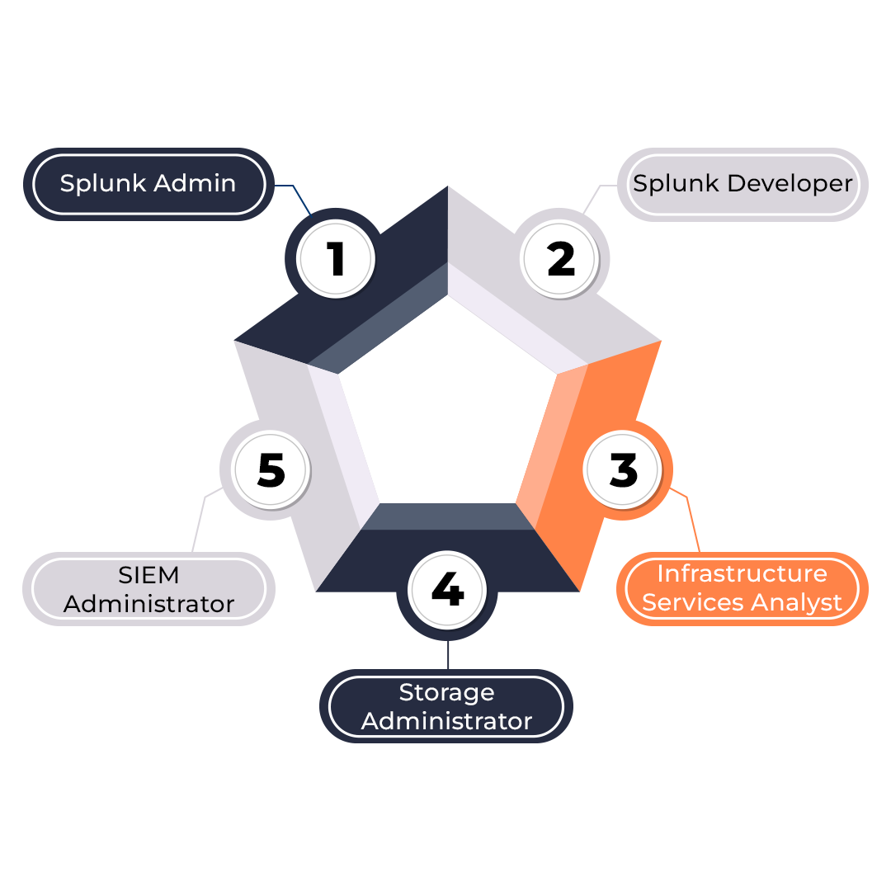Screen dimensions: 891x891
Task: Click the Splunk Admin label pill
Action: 148,184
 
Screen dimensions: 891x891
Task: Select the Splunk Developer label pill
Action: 742,184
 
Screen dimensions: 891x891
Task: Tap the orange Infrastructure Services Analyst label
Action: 742,588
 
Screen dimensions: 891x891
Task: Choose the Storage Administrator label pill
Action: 446,706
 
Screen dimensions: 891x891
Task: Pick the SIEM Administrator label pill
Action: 148,588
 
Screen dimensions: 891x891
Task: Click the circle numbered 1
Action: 336,259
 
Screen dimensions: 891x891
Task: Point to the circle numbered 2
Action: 561,259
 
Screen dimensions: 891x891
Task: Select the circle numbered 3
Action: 623,469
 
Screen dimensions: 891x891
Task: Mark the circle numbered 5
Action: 271,469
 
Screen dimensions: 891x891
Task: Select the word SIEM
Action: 149,573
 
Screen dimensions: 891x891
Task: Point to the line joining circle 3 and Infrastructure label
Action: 691,520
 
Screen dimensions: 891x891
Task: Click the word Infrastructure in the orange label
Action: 742,573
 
